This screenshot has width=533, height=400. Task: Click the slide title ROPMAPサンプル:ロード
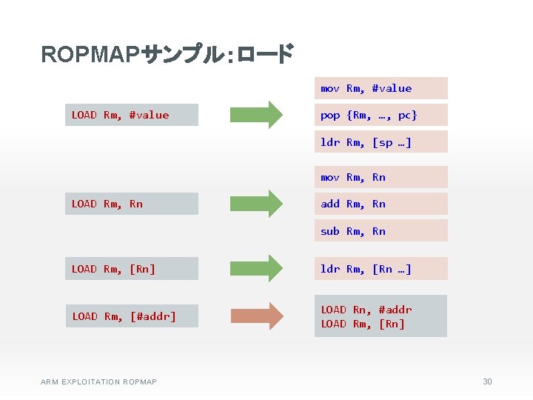[167, 55]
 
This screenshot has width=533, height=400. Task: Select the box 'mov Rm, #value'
[381, 88]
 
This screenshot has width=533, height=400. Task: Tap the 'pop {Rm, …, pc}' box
[381, 115]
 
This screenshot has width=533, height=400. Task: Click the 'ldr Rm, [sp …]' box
[381, 141]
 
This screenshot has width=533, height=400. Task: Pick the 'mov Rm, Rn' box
[381, 177]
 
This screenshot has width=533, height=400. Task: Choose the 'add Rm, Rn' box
[381, 204]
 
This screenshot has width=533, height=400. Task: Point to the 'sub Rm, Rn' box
[381, 230]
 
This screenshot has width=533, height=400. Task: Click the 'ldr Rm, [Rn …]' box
[381, 268]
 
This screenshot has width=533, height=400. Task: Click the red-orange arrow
[256, 316]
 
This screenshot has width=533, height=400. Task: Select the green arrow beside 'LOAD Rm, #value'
[256, 115]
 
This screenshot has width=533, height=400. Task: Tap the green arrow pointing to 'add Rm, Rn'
[256, 204]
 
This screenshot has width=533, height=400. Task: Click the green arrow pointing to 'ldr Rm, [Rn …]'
[256, 268]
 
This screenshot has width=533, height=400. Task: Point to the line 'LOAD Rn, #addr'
[366, 310]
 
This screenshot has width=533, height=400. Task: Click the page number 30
[487, 381]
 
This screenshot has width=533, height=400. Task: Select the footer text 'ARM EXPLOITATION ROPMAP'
[98, 381]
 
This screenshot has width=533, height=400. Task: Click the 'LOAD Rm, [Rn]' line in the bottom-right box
[363, 324]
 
